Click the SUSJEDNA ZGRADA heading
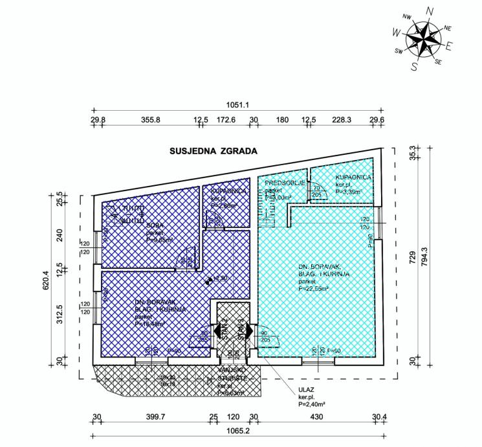[214, 152]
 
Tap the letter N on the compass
[430, 11]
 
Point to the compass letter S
[415, 65]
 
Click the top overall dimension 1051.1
[238, 104]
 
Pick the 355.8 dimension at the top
[150, 120]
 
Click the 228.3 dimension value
[342, 120]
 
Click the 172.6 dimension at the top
[225, 120]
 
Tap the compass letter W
[396, 31]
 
